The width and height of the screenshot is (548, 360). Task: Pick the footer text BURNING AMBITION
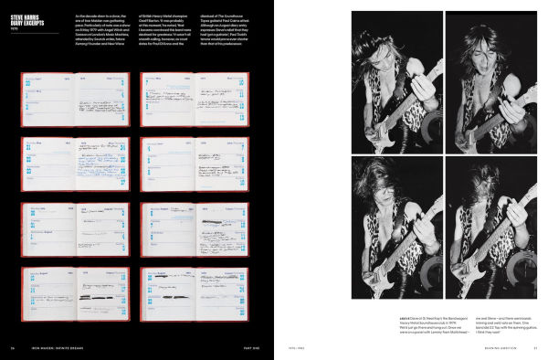point(486,348)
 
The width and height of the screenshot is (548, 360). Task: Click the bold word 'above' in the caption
point(405,317)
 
